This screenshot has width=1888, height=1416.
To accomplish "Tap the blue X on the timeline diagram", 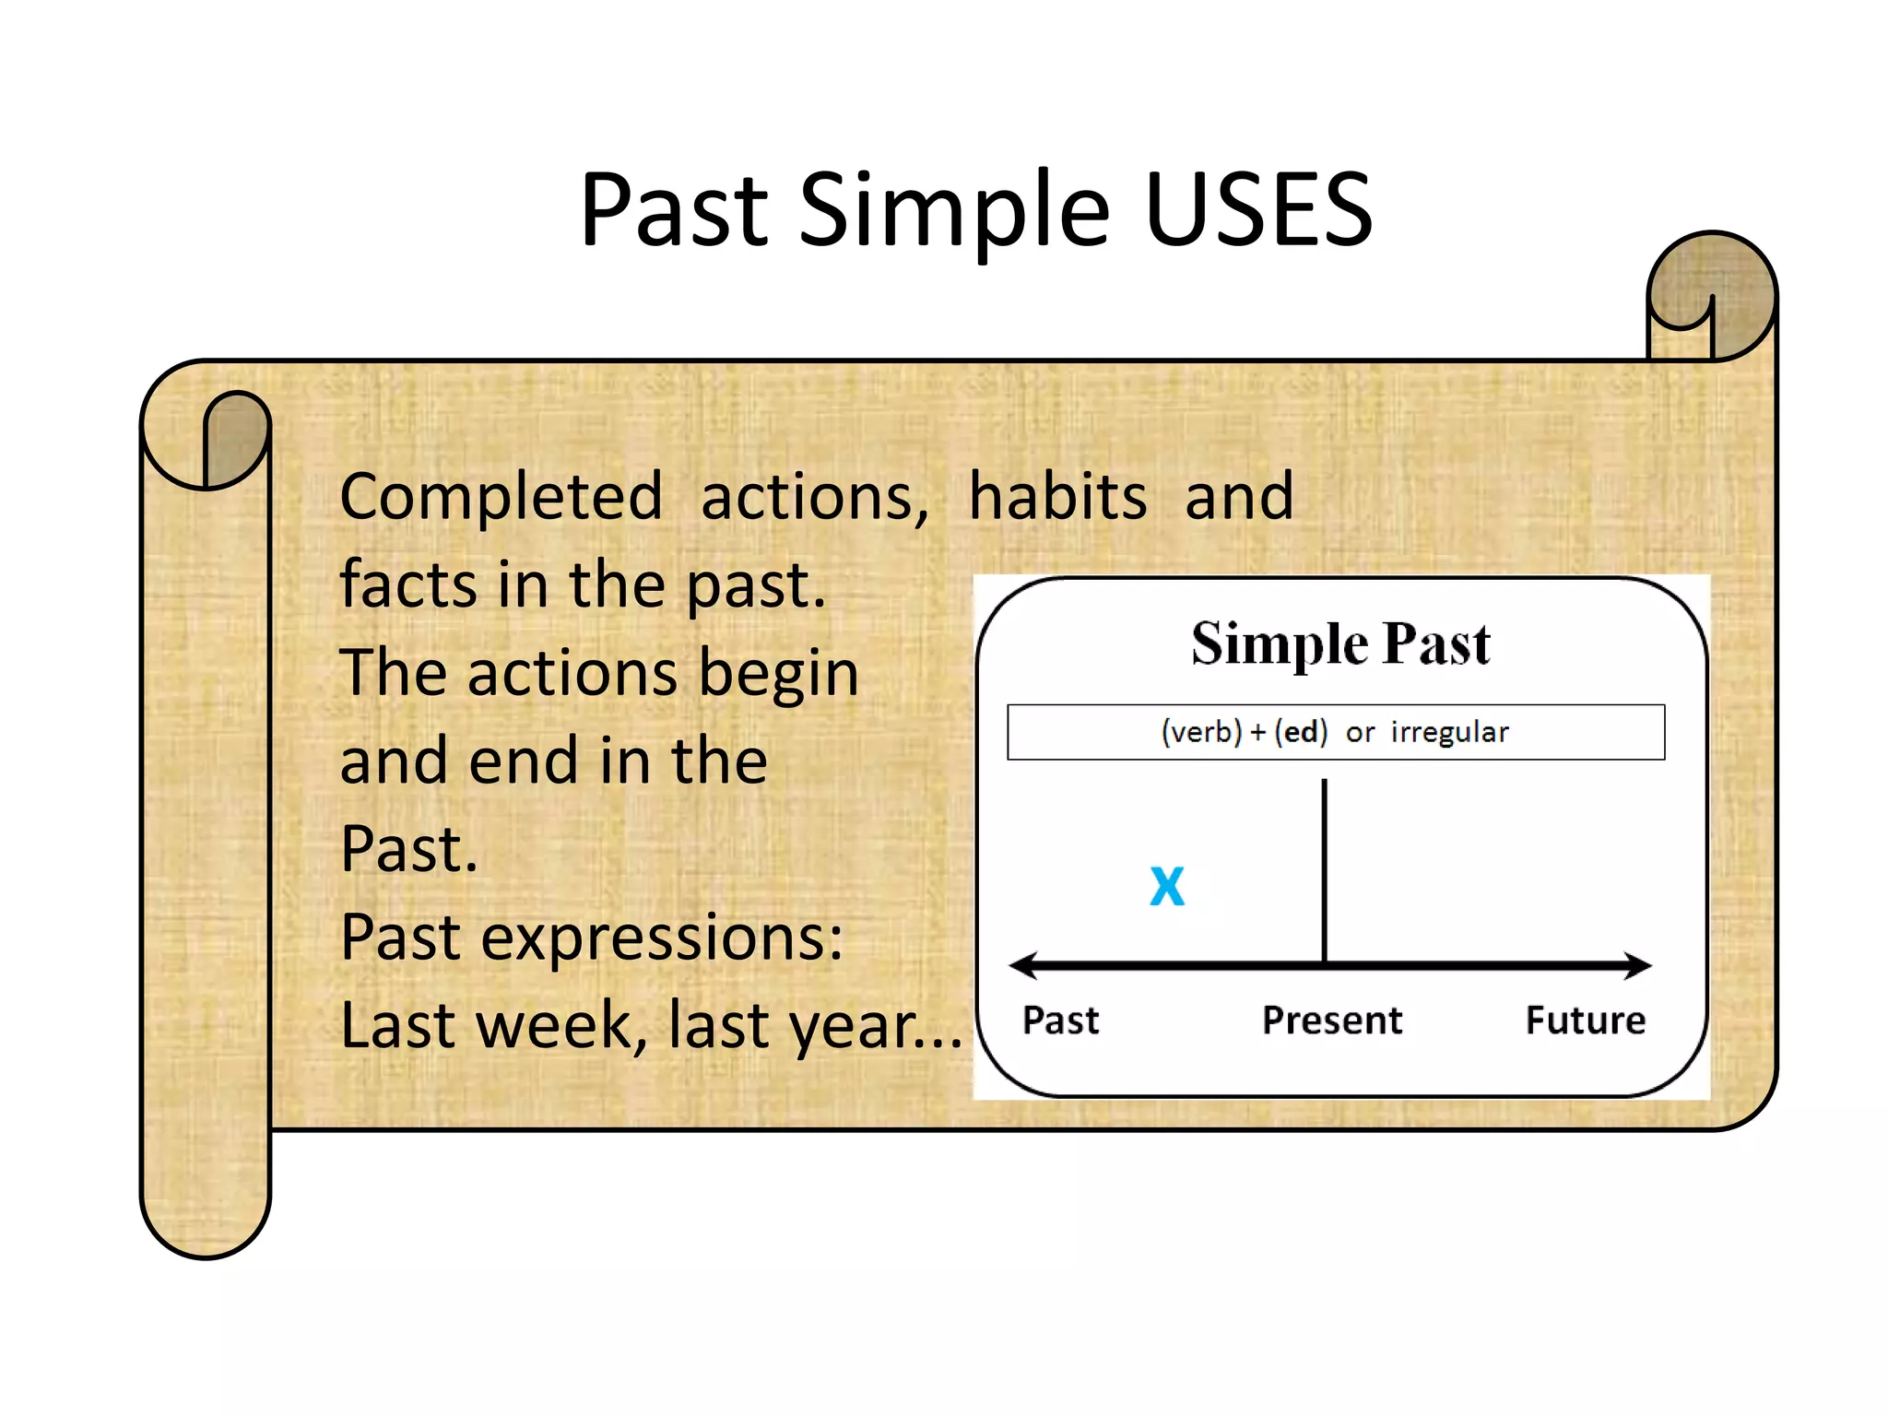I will pos(1167,887).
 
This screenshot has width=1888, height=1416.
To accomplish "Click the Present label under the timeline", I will pos(1331,1021).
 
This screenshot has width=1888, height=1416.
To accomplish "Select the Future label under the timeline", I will pos(1585,1021).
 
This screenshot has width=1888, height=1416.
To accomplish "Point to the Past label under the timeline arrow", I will pos(1060,1021).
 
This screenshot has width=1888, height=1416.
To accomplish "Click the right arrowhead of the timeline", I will pos(1639,965).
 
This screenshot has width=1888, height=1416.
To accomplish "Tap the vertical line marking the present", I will pos(1325,867).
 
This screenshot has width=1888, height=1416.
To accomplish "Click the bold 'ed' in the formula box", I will pos(1302,732).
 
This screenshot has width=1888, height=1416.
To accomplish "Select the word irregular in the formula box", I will pos(1449,732).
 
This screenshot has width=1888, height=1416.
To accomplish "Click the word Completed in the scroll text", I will pos(501,498).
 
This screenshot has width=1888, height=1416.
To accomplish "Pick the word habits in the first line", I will pos(1057,498).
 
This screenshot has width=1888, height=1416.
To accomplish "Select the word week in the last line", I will pos(553,1025).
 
